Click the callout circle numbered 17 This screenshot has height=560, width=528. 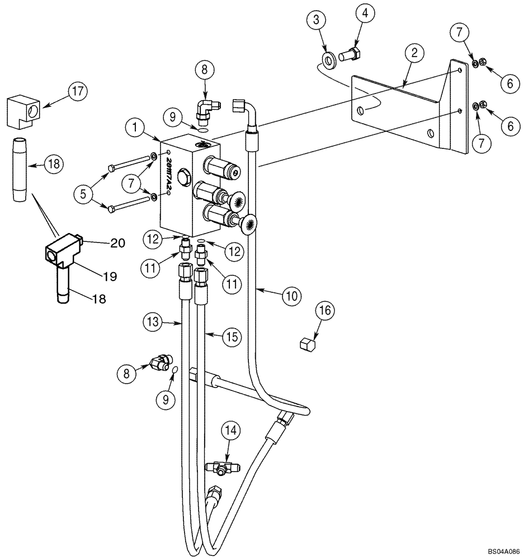[79, 92]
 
